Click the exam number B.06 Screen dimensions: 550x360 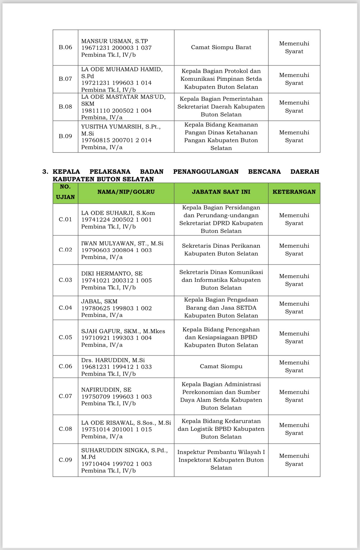click(65, 48)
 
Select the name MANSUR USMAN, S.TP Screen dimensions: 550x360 click(114, 41)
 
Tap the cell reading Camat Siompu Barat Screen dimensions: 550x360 click(221, 48)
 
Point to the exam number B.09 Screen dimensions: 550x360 click(65, 136)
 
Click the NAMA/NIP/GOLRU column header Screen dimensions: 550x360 click(126, 192)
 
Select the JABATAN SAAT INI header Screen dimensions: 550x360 click(221, 192)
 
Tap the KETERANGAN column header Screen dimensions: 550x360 click(294, 192)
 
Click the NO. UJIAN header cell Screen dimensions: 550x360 click(65, 192)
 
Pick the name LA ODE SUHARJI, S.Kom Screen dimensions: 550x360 click(118, 213)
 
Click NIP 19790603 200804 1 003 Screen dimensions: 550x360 click(116, 250)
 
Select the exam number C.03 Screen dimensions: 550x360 click(65, 280)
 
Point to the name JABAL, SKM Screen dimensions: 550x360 click(99, 301)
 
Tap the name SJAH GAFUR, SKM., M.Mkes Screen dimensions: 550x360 click(123, 331)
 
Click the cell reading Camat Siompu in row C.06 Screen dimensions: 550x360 click(221, 367)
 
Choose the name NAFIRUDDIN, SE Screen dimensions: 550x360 click(106, 390)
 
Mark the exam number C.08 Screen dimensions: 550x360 click(65, 429)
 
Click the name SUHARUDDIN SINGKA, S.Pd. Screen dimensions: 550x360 click(124, 451)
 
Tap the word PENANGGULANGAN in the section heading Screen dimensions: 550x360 click(206, 172)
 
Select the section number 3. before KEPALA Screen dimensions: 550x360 click(45, 172)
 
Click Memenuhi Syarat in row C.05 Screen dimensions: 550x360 click(294, 338)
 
